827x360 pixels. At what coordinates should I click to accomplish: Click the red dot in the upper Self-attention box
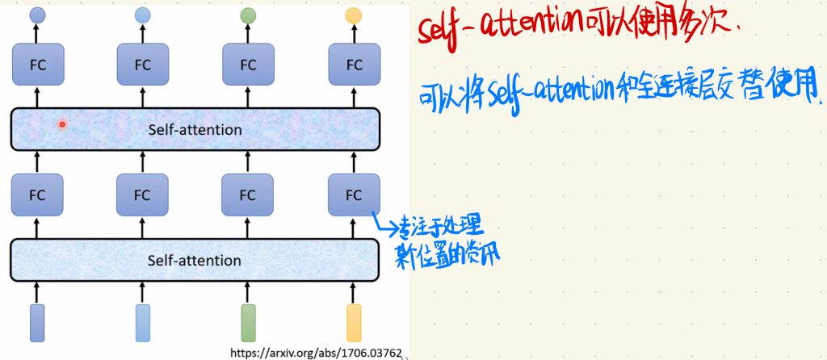pos(61,123)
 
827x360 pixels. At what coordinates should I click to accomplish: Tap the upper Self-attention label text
pos(195,129)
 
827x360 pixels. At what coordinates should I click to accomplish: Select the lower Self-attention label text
pos(195,260)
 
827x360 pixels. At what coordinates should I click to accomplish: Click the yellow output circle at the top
pos(354,15)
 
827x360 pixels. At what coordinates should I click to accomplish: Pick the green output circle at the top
pos(248,15)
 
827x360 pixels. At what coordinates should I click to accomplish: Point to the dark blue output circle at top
pos(37,15)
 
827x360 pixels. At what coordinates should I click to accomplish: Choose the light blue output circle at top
pos(143,15)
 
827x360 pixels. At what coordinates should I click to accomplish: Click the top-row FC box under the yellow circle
pos(354,65)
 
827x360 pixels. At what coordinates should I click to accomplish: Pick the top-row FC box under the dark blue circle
pos(37,65)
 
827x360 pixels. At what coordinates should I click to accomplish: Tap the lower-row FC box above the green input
pos(248,195)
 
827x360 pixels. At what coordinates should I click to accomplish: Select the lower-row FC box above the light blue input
pos(143,195)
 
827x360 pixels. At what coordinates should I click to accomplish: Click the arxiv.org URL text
pos(316,352)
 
